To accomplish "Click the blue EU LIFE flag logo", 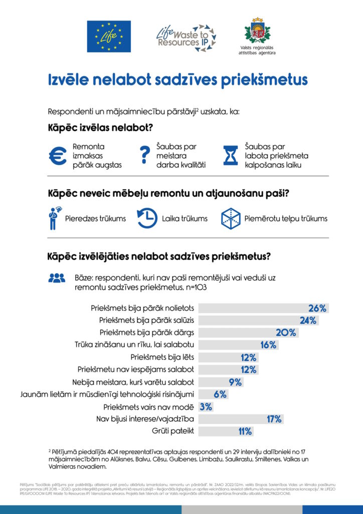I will pos(109,36).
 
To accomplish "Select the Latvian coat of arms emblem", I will pos(257,31).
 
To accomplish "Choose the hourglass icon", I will pos(231,156).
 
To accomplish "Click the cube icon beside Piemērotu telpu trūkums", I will pos(231,218).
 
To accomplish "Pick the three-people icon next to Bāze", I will pos(57,277).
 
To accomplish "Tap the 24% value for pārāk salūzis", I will pos(308,320).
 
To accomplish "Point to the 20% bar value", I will pos(286,333).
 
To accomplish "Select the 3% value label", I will pos(206,407).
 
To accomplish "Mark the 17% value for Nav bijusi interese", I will pos(274,419).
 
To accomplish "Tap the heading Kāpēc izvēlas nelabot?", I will pos(100,127).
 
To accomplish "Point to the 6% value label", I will pos(221,394).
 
